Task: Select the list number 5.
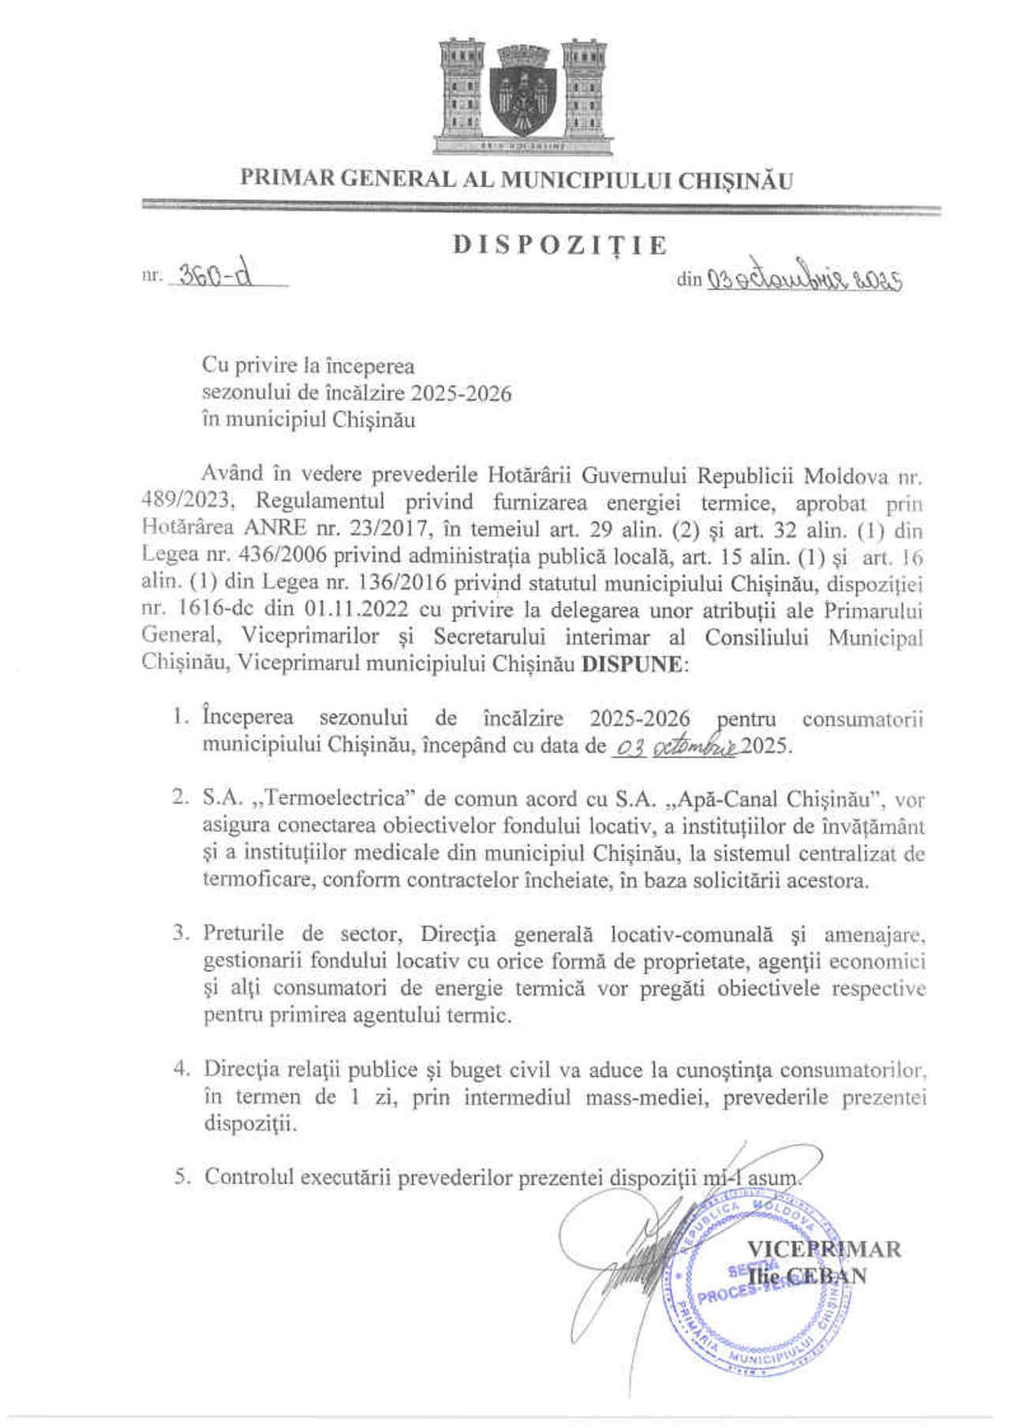(181, 1177)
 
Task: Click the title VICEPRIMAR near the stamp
(822, 1248)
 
